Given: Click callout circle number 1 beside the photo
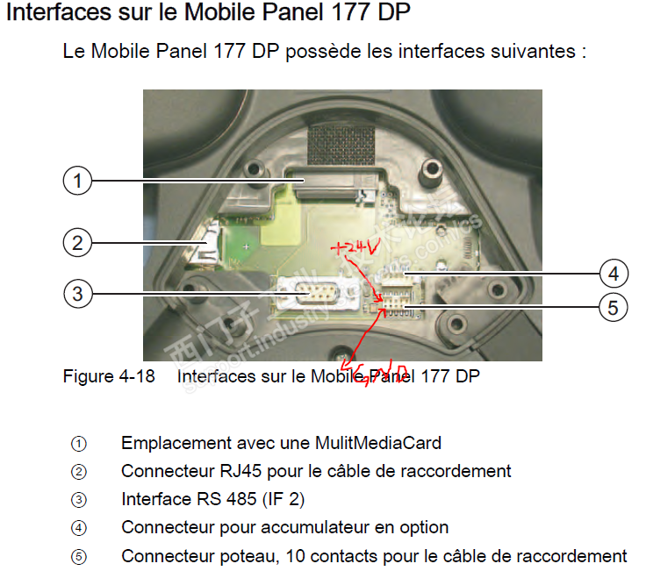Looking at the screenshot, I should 77,182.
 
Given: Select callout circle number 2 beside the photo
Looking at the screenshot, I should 77,241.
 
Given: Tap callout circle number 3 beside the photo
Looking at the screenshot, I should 77,293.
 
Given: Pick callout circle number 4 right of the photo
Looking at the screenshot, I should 613,274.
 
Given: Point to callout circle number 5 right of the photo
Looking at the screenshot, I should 613,307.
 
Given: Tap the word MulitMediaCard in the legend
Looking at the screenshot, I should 378,443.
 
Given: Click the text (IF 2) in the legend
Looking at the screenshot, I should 282,499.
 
